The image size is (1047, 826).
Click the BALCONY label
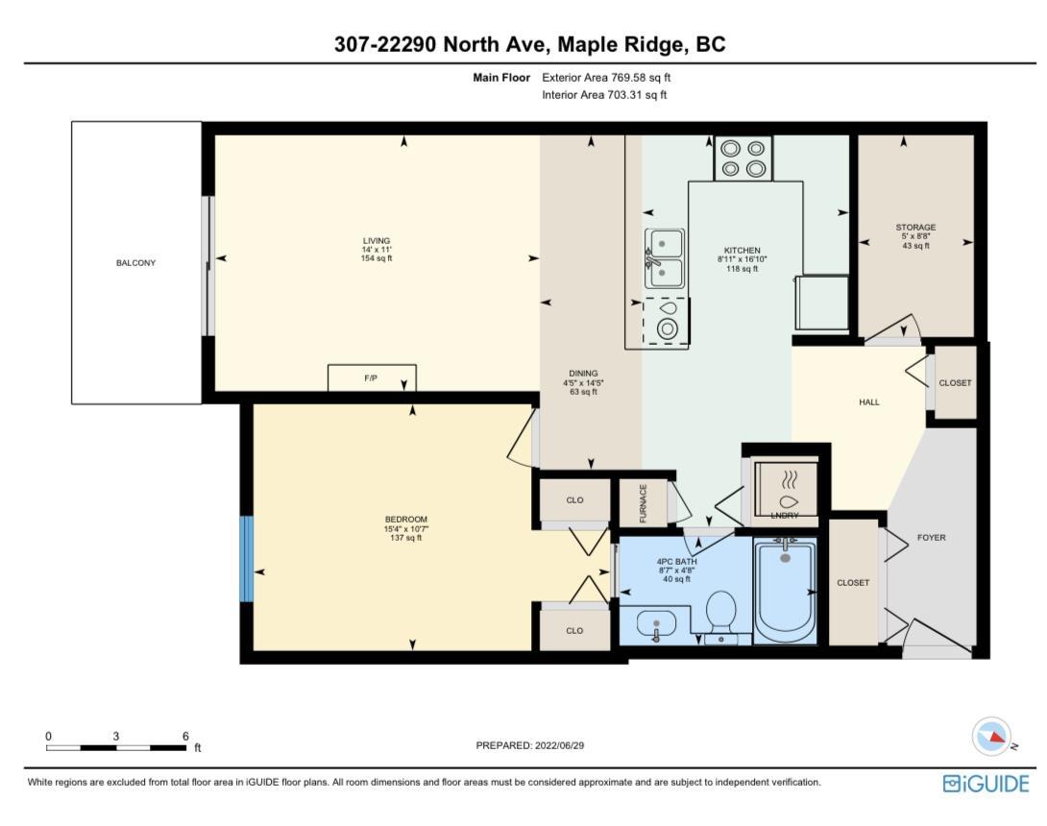click(x=135, y=263)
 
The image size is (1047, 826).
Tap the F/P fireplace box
click(x=372, y=378)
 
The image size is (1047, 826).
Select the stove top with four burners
click(x=743, y=158)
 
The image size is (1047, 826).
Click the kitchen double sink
click(x=665, y=257)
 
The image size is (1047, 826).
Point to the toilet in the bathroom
click(x=720, y=616)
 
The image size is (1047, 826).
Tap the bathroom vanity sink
click(x=656, y=625)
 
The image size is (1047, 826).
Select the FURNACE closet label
click(x=644, y=503)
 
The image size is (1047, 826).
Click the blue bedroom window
click(x=247, y=559)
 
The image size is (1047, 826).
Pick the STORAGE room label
click(x=915, y=227)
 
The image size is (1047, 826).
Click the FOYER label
click(x=932, y=538)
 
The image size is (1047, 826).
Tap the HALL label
click(x=868, y=402)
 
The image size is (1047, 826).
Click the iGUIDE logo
click(x=986, y=784)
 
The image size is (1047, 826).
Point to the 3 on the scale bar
click(x=115, y=736)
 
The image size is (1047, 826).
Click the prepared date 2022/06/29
click(x=560, y=745)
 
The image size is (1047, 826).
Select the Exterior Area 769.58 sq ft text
click(x=606, y=78)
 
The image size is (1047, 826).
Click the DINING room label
click(x=583, y=374)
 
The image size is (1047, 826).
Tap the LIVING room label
click(x=376, y=241)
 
